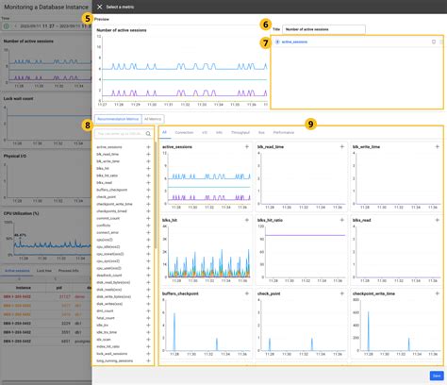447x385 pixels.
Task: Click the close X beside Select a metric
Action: (x=99, y=7)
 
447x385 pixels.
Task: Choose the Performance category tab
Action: (x=283, y=133)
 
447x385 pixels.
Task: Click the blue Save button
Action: (x=436, y=375)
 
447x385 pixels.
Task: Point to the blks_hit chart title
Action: (x=173, y=221)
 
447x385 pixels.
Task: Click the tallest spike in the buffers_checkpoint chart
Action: (x=174, y=330)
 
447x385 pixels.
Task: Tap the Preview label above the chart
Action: (x=102, y=19)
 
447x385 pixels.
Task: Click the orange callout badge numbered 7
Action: (x=266, y=43)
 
